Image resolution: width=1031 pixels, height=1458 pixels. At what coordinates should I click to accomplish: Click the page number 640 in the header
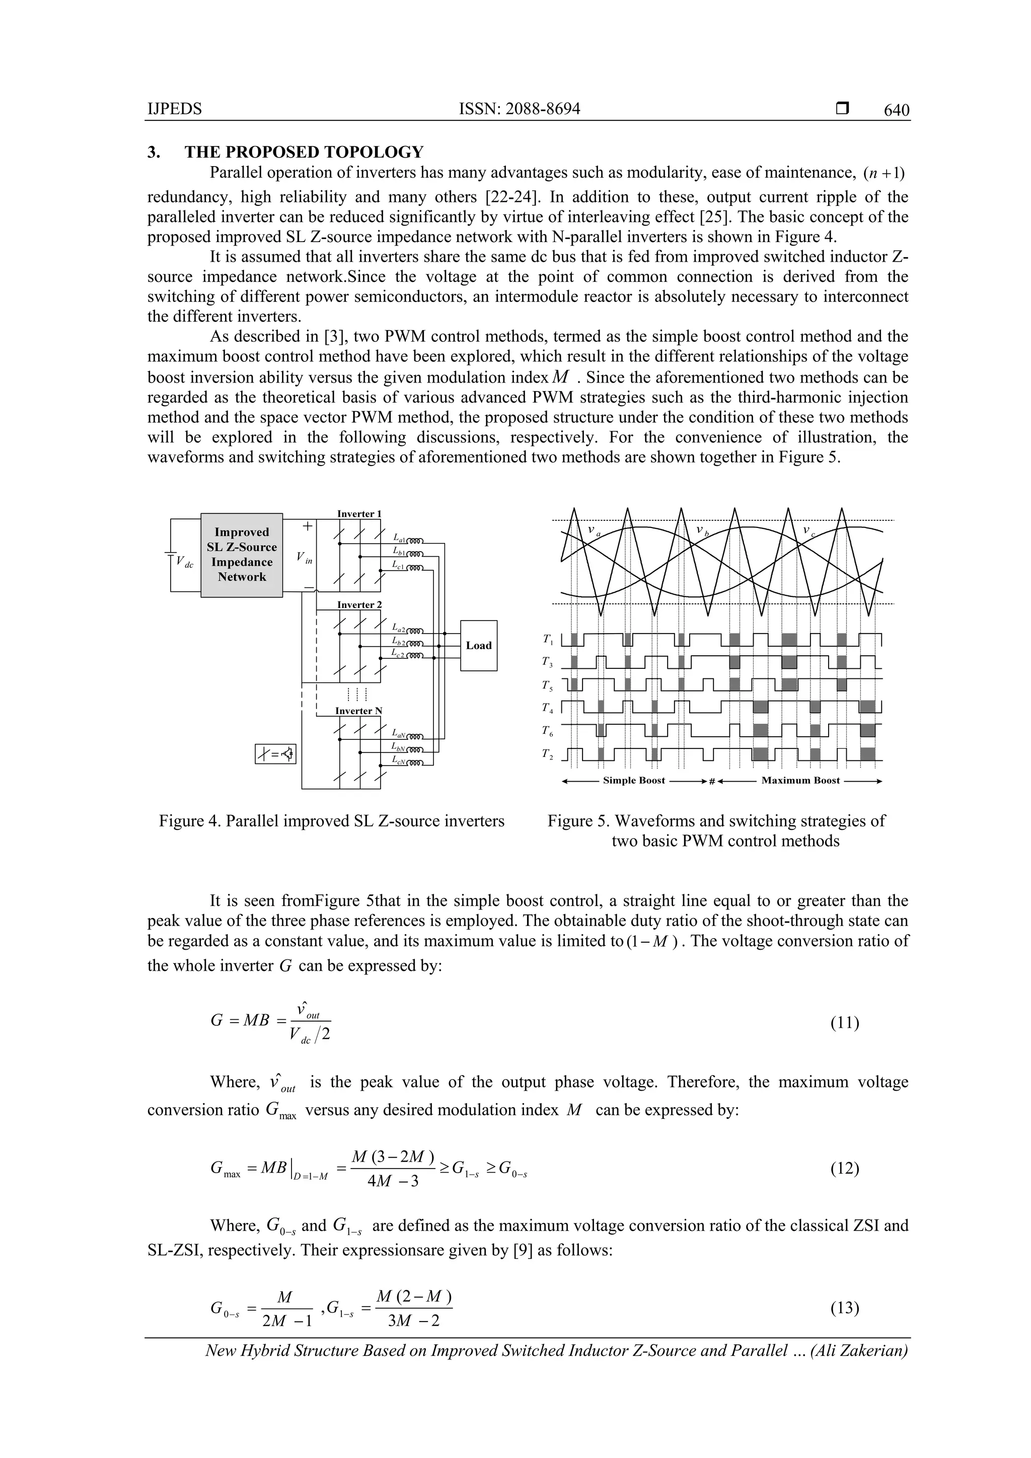[896, 111]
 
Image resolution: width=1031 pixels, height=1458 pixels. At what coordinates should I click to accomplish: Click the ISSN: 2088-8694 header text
[519, 109]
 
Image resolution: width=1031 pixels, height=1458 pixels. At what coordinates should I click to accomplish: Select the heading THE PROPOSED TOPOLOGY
[304, 152]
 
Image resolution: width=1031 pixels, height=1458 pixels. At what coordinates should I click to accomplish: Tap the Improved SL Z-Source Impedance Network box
[242, 555]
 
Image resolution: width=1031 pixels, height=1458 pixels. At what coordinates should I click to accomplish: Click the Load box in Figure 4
[478, 645]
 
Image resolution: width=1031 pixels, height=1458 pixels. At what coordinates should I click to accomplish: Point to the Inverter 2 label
[359, 604]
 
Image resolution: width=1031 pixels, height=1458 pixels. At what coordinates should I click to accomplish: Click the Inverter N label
[358, 711]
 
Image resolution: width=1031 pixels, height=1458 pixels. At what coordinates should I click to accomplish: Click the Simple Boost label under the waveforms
[633, 781]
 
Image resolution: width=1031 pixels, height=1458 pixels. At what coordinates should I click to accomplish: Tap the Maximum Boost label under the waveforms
[800, 781]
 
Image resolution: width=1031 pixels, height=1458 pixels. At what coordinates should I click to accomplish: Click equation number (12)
[844, 1168]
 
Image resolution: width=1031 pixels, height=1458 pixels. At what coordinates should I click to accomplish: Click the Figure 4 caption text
[332, 821]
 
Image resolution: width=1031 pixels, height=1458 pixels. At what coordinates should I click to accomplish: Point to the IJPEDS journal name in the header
[174, 109]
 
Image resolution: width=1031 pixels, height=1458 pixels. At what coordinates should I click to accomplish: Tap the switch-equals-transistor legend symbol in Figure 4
[275, 754]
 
